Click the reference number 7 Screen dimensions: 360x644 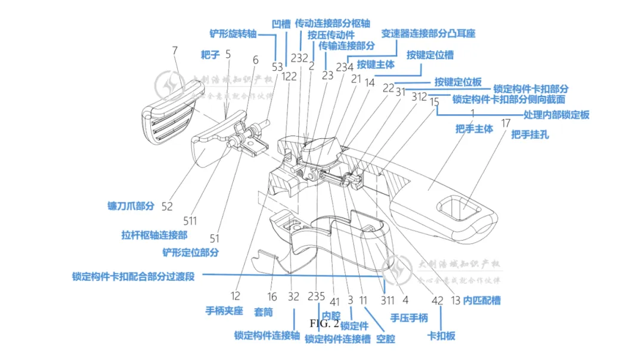[175, 51]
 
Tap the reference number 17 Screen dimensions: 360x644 [506, 123]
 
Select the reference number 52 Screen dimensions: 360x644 [167, 206]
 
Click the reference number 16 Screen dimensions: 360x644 [272, 297]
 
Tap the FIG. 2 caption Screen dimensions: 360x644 [324, 324]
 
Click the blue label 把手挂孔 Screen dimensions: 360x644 [530, 135]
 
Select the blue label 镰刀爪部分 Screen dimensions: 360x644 [131, 206]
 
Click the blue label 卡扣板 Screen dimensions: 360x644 [441, 336]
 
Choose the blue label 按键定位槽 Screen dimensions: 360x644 [430, 55]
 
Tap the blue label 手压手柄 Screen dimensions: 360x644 [409, 318]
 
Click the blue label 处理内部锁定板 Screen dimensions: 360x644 [556, 114]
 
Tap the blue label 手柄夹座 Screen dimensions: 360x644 [224, 311]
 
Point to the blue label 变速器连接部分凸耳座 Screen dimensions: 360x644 [428, 34]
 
